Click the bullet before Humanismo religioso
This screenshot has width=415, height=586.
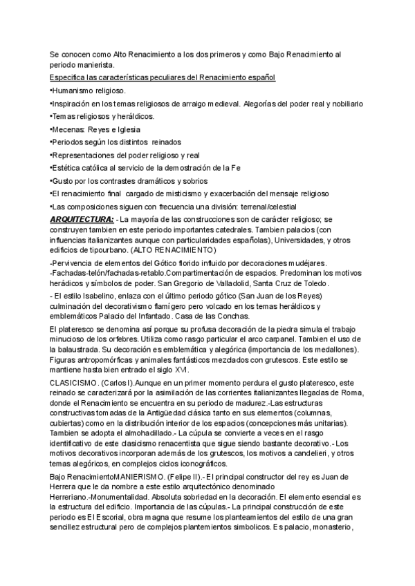[x=51, y=91]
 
